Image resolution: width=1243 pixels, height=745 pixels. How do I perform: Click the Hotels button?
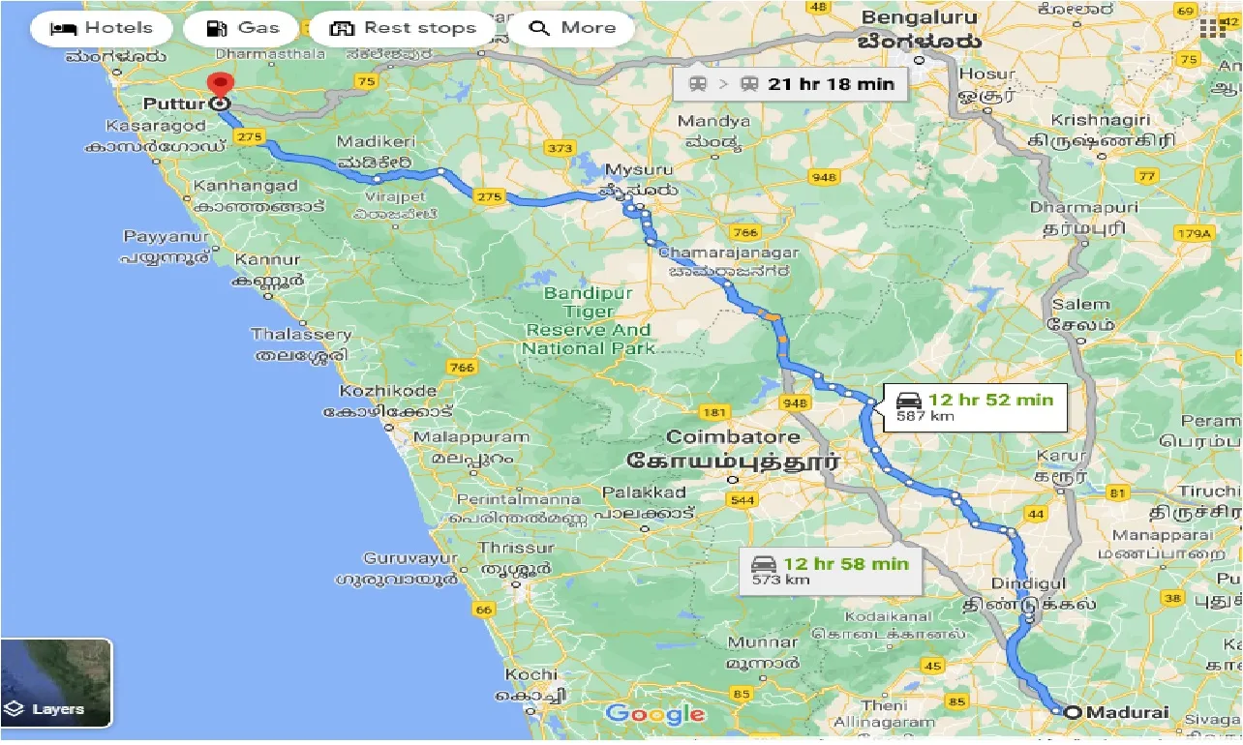[x=101, y=28]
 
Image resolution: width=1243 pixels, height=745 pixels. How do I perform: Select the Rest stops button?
[x=403, y=28]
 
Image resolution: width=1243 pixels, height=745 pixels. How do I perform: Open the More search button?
[x=571, y=28]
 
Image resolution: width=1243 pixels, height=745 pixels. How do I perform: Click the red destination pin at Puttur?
[x=221, y=87]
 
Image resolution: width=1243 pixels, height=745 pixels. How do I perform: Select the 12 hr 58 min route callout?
[x=830, y=570]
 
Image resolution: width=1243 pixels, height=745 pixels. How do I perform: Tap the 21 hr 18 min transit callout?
[x=792, y=84]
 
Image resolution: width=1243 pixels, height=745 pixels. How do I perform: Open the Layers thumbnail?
[x=56, y=683]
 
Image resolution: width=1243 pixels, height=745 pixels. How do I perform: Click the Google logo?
[x=655, y=715]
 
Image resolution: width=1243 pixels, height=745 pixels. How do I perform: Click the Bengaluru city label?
[x=922, y=17]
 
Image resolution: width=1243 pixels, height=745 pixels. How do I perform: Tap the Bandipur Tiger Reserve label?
[x=589, y=320]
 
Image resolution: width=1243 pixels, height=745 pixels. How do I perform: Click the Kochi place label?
[x=531, y=674]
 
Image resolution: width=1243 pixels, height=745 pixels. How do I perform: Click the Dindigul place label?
[x=1028, y=584]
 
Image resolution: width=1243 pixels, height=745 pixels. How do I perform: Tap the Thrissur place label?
[x=503, y=548]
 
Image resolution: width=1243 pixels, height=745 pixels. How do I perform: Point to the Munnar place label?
[x=763, y=642]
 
